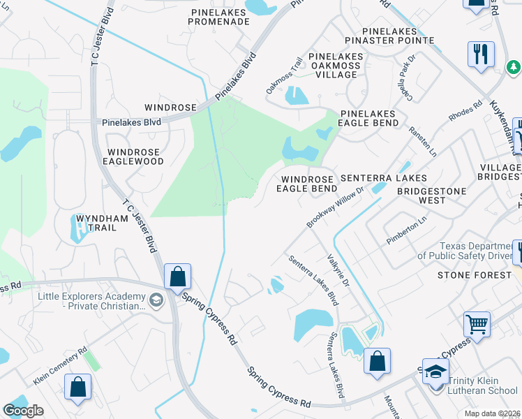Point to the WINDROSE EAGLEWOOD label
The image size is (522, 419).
pyautogui.click(x=135, y=156)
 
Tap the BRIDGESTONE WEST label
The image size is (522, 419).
pyautogui.click(x=421, y=195)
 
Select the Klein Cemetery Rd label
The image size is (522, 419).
pyautogui.click(x=60, y=367)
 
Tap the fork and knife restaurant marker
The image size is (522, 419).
pyautogui.click(x=481, y=54)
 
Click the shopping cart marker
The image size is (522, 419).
pyautogui.click(x=477, y=323)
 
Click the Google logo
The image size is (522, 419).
pyautogui.click(x=23, y=411)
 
